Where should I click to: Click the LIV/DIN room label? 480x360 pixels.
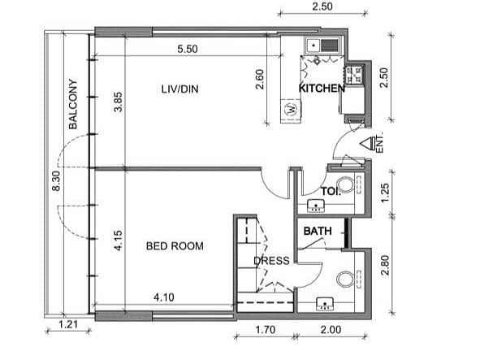click(180, 89)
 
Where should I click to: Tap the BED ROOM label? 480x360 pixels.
click(175, 246)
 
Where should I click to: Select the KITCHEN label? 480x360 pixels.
click(322, 89)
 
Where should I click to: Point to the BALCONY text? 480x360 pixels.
click(73, 104)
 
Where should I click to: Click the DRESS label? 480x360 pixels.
click(271, 261)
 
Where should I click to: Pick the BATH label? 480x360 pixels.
click(318, 231)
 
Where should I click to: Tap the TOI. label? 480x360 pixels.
click(331, 192)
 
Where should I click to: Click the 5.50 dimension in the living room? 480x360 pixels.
click(188, 49)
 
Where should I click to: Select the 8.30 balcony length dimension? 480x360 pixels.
click(56, 181)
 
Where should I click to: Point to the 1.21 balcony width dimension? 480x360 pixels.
click(68, 324)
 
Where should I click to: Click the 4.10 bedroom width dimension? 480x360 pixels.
click(164, 297)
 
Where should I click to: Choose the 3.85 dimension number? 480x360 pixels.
click(118, 102)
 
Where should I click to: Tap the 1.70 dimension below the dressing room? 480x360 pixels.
click(266, 330)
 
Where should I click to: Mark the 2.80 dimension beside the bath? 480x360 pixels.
click(385, 266)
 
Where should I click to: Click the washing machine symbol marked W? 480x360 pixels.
click(291, 110)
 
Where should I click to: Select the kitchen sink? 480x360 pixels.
click(322, 46)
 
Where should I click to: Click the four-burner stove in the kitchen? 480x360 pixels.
click(354, 76)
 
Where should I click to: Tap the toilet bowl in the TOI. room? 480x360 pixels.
click(347, 184)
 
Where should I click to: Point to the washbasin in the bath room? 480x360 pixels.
click(325, 303)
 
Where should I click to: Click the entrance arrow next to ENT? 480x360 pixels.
click(367, 143)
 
